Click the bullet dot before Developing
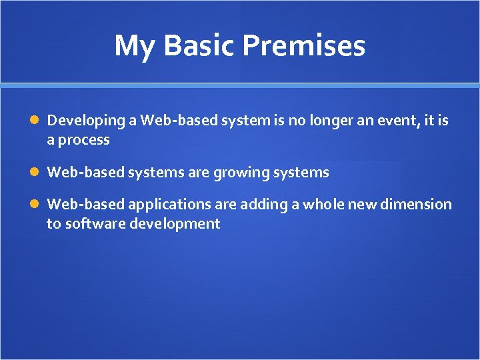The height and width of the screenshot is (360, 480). pos(36,121)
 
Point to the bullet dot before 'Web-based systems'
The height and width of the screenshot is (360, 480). pos(36,173)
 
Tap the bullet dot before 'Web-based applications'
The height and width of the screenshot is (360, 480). pos(36,205)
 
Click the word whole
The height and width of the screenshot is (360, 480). pos(325,205)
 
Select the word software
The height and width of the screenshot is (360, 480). pos(92,224)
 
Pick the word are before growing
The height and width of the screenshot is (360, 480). pos(199,173)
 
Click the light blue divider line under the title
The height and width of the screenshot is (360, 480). pos(240,85)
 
